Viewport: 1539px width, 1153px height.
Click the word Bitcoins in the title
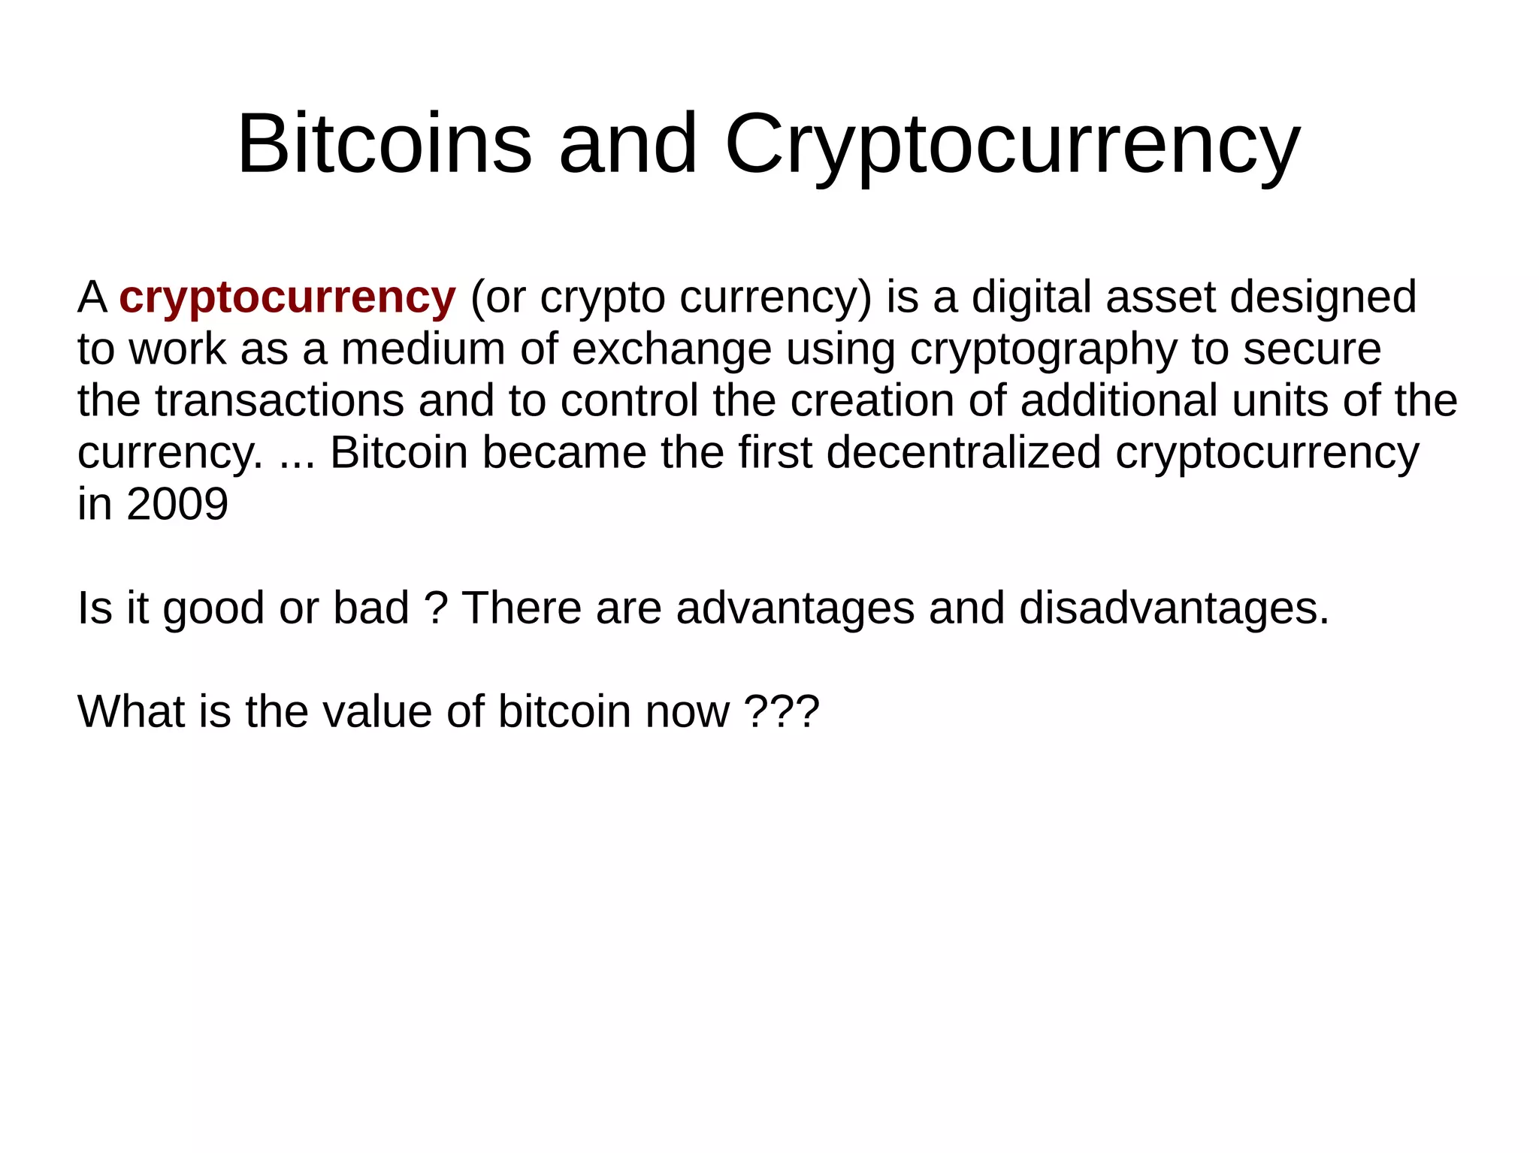pyautogui.click(x=384, y=143)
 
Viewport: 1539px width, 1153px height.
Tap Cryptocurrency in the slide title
pyautogui.click(x=1011, y=143)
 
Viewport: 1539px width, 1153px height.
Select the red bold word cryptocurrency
pyautogui.click(x=287, y=297)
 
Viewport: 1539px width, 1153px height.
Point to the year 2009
pyautogui.click(x=177, y=504)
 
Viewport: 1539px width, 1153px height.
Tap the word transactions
pyautogui.click(x=280, y=401)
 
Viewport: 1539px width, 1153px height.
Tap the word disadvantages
pyautogui.click(x=1174, y=608)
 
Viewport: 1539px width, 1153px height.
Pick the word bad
pyautogui.click(x=371, y=608)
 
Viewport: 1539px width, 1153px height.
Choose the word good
pyautogui.click(x=213, y=609)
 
